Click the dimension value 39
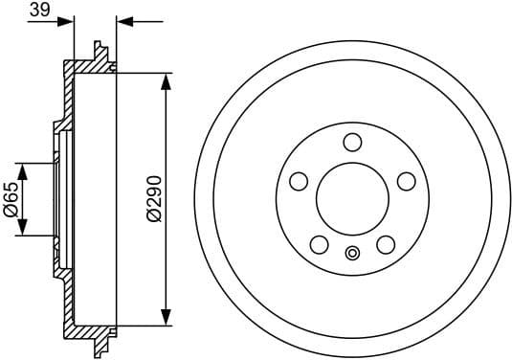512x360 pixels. (39, 10)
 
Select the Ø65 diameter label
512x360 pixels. (11, 199)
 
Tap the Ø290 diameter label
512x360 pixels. (152, 199)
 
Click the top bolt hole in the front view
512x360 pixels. (352, 143)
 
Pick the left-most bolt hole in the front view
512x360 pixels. (298, 181)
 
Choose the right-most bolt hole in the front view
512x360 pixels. (406, 181)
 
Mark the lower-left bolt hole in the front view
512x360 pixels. (319, 245)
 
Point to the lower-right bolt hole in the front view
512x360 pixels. (385, 245)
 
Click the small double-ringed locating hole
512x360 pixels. (352, 254)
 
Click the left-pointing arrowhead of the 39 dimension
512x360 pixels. (122, 20)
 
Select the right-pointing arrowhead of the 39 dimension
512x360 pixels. (67, 20)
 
